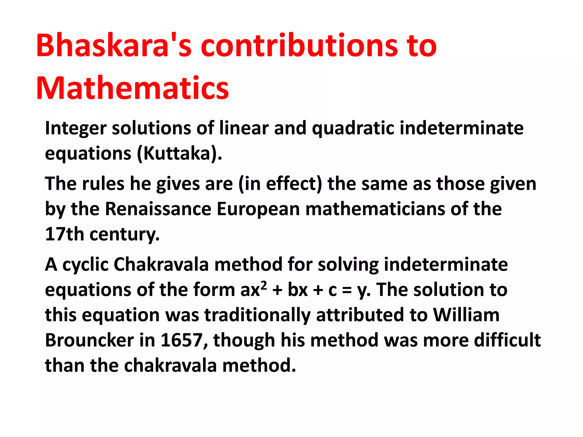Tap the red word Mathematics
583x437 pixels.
click(133, 88)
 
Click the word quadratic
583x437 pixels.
click(353, 128)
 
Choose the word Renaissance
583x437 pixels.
click(158, 209)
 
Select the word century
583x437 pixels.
click(124, 235)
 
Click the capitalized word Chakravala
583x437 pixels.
click(161, 265)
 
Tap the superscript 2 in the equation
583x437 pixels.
click(264, 285)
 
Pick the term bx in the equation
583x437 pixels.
click(298, 290)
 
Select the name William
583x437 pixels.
click(466, 315)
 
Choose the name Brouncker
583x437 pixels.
click(89, 340)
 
